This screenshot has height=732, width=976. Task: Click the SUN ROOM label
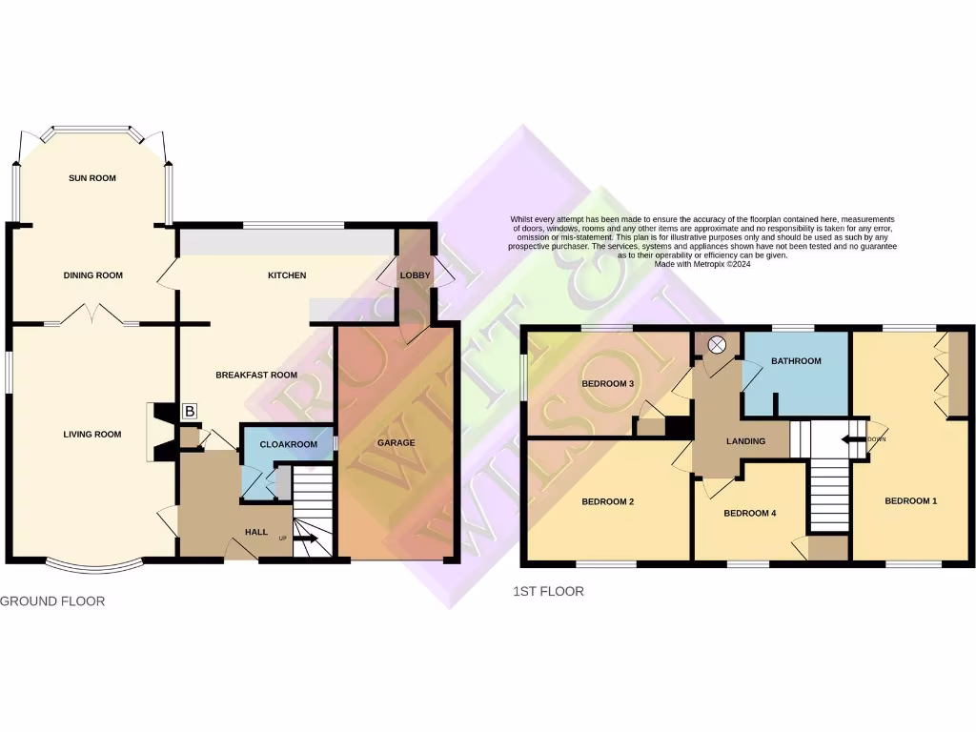tap(92, 178)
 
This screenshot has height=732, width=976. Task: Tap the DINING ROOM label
tap(93, 275)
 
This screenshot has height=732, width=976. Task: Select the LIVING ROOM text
tap(92, 435)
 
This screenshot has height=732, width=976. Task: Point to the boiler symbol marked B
tap(190, 412)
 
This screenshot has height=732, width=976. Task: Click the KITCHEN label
tap(287, 275)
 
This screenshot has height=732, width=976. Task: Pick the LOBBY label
tap(416, 275)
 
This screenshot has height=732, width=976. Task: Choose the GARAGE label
tap(396, 442)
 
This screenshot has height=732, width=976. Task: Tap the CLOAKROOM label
tap(289, 444)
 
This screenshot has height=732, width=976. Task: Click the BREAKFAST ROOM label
tap(256, 376)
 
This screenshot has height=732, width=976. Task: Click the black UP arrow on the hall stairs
tap(306, 539)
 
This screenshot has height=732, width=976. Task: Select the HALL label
tap(256, 532)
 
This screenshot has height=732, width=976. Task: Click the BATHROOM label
tap(797, 361)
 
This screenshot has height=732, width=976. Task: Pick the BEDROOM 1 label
tap(911, 500)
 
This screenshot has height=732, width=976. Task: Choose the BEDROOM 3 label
tap(608, 384)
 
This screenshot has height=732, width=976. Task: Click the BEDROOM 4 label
tap(750, 513)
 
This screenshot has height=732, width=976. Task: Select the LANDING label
tap(746, 441)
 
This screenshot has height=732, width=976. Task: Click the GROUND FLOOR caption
tap(52, 601)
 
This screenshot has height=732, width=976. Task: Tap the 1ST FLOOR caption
tap(548, 592)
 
